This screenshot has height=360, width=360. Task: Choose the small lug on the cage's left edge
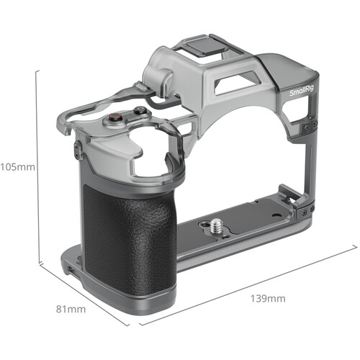click(x=76, y=149)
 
